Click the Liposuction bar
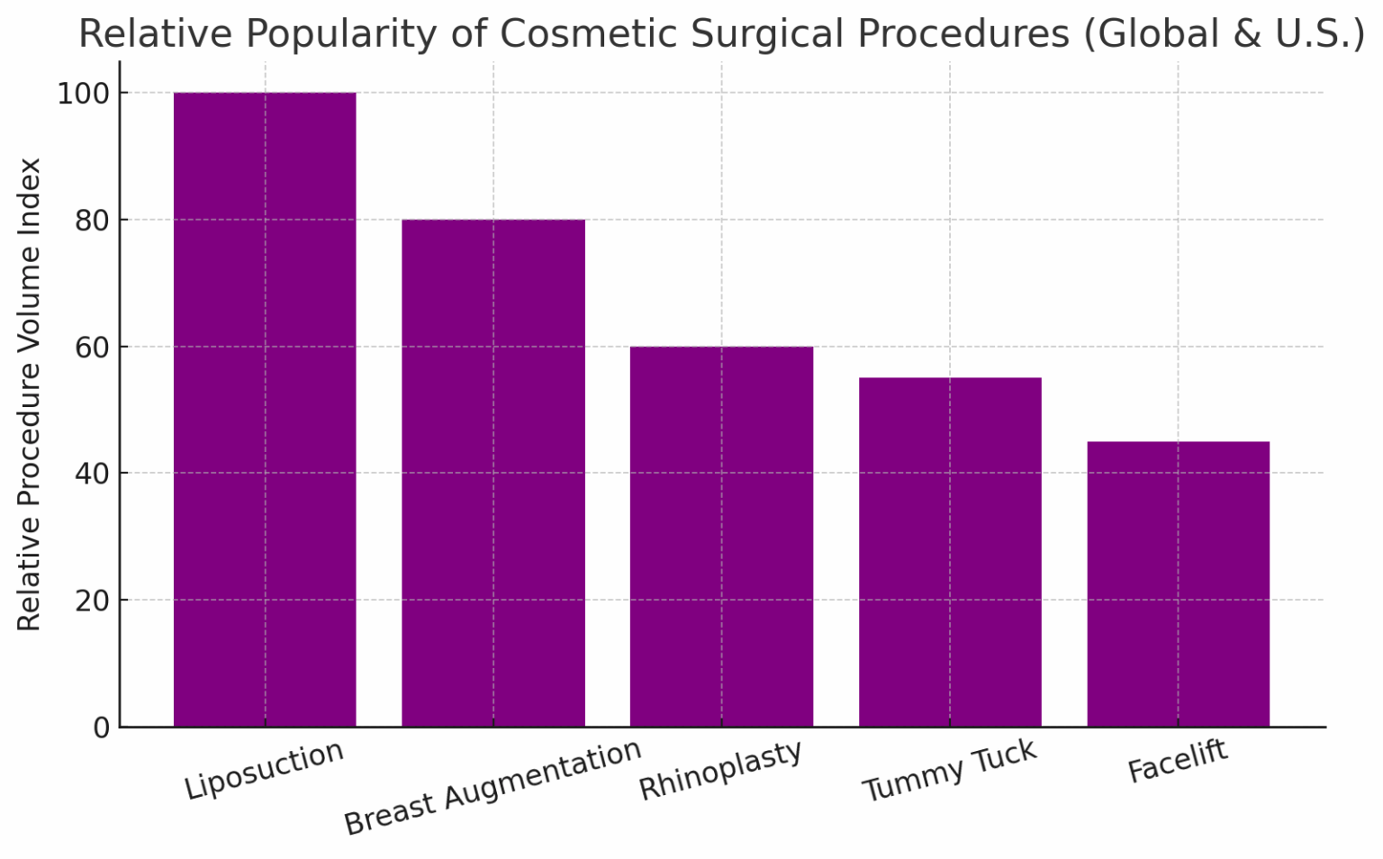(x=265, y=410)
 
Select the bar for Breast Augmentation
(x=493, y=473)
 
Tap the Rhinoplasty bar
(x=721, y=537)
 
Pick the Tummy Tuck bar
(x=950, y=552)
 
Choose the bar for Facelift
(x=1178, y=583)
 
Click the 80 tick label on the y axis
(x=92, y=221)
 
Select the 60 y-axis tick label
(x=92, y=347)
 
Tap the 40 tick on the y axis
(x=92, y=474)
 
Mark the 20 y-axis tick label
(x=92, y=601)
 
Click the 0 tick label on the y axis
(x=101, y=728)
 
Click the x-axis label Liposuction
(x=264, y=771)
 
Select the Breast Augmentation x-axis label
(x=493, y=788)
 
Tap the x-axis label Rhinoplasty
(x=720, y=771)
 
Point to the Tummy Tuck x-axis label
(x=949, y=771)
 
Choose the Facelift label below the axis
(x=1178, y=763)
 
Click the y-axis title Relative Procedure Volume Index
(x=30, y=394)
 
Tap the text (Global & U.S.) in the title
(x=1224, y=34)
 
